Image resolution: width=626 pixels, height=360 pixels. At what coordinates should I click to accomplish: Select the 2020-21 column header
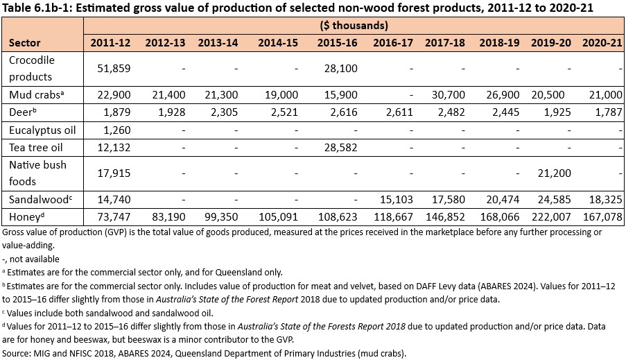click(x=601, y=43)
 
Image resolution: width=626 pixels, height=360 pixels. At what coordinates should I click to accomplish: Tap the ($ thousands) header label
click(x=354, y=26)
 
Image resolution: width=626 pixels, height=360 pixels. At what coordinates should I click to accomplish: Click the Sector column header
click(x=24, y=43)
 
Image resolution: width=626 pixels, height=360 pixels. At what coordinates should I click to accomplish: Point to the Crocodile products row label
click(x=31, y=68)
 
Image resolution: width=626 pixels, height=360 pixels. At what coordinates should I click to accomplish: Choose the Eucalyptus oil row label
click(x=39, y=130)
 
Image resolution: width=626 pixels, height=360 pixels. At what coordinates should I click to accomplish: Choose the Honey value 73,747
click(x=114, y=217)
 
